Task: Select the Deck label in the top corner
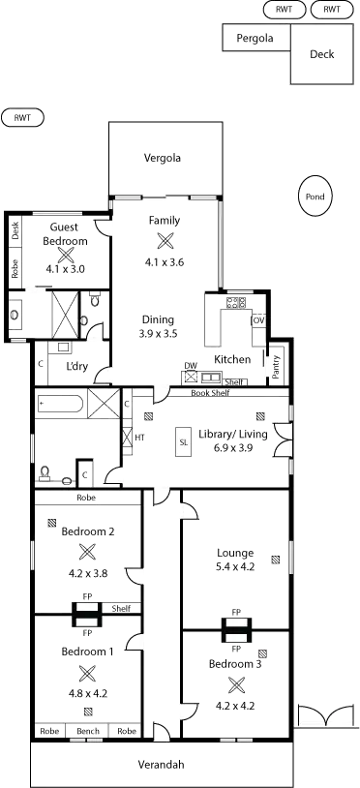tap(323, 55)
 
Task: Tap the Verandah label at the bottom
tap(161, 765)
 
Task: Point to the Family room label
tap(164, 221)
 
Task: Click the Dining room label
tap(158, 319)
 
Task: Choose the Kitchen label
tap(232, 359)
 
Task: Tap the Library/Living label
tap(232, 434)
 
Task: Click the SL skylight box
tap(183, 442)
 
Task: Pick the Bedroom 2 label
tap(88, 531)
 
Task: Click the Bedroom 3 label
tap(235, 664)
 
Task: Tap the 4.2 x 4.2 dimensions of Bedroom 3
tap(235, 707)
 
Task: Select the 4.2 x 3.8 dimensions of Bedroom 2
tap(88, 573)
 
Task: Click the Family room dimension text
tap(164, 261)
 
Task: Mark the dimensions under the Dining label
tap(158, 333)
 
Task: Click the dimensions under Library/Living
tap(232, 447)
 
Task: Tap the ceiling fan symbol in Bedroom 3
tap(235, 685)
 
